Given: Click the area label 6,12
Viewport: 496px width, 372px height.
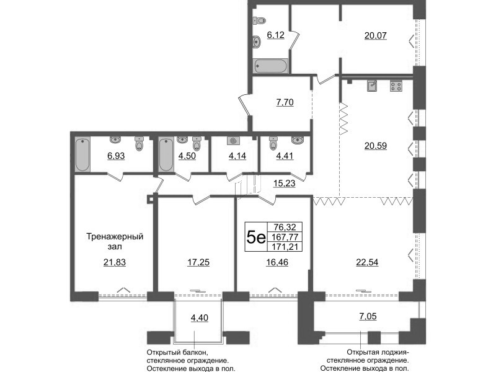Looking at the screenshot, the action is [x=275, y=35].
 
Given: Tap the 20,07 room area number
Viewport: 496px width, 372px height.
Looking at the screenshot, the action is [x=376, y=35].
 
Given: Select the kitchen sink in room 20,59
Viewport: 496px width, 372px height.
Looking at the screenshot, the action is [x=372, y=86].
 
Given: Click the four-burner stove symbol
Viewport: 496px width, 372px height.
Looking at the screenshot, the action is [x=396, y=86].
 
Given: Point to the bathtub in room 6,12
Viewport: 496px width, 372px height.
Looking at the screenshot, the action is [x=270, y=66].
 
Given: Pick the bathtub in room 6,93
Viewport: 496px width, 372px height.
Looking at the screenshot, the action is [x=82, y=154].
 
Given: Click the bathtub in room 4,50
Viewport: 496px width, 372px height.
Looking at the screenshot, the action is [x=166, y=154].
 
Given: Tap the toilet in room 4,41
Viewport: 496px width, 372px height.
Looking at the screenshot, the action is [x=273, y=143].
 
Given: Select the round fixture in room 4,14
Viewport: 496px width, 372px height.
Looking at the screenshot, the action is [x=234, y=141].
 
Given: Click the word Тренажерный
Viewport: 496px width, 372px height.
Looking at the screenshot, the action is [x=115, y=237].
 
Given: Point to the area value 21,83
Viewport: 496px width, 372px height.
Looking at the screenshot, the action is [x=115, y=262].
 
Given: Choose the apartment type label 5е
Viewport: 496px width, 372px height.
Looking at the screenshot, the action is [x=256, y=237].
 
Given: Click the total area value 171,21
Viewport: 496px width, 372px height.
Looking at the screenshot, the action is [x=285, y=247].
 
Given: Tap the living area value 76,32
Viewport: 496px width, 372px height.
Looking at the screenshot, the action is [x=285, y=227].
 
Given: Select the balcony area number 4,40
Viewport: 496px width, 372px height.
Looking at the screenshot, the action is [x=199, y=317].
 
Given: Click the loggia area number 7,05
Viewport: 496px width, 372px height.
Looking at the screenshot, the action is [x=368, y=316].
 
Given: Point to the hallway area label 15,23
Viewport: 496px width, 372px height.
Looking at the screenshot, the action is [x=285, y=183].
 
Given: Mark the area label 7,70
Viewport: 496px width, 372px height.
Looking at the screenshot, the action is [x=285, y=102].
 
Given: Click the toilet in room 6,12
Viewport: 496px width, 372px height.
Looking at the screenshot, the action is [x=260, y=21].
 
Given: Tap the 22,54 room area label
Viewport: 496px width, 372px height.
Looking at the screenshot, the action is [x=367, y=262].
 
